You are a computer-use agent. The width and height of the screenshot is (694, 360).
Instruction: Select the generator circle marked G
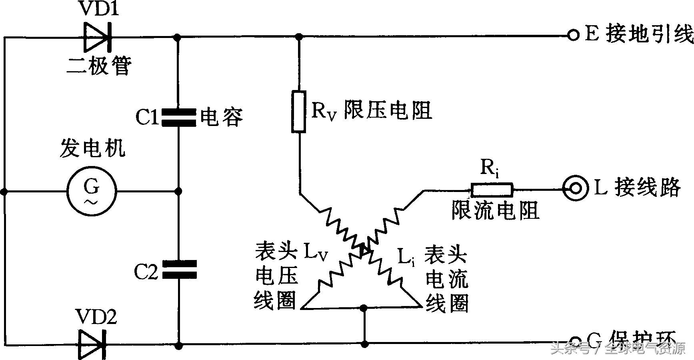coord(92,192)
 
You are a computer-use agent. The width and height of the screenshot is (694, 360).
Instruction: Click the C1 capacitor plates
coord(179,118)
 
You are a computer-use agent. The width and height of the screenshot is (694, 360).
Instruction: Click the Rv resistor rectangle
coord(298,112)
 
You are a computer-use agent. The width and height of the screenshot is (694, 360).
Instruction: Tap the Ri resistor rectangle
coord(492,190)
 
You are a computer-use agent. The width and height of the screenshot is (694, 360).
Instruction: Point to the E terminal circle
coord(573,36)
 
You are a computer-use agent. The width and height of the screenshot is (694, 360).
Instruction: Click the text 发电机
coord(92,148)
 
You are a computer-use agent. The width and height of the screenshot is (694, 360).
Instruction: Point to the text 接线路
coord(647,187)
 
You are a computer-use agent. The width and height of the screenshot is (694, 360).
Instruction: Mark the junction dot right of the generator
coord(179,192)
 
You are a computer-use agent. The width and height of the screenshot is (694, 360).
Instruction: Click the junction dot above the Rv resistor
coord(298,37)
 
